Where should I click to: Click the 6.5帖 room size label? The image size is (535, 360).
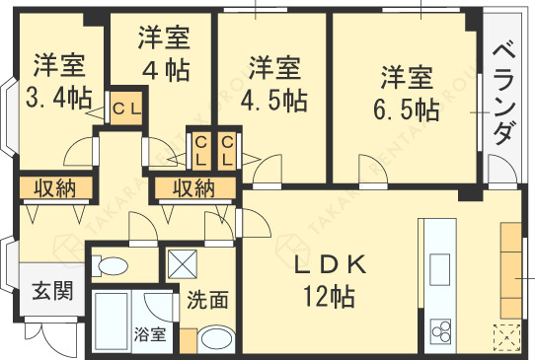[x=408, y=107]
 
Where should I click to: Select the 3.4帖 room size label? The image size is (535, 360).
[x=58, y=99]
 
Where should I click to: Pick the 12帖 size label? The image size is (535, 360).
[x=329, y=294]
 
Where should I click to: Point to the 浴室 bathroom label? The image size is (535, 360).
[x=150, y=333]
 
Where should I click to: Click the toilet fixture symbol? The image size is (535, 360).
[x=113, y=265]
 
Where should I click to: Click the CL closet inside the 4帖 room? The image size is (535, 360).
[x=128, y=107]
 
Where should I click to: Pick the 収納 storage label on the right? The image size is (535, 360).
[x=194, y=188]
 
